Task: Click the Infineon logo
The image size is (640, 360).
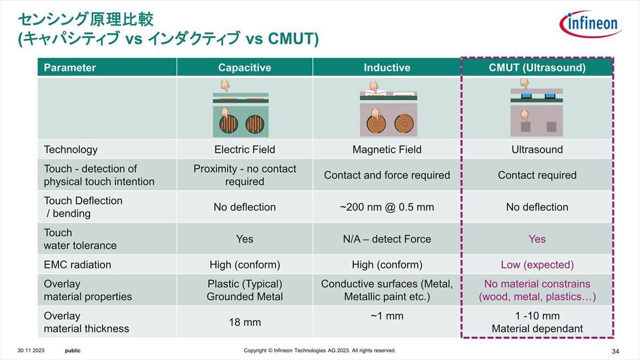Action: coord(591,23)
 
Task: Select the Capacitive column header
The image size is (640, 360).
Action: coord(245,67)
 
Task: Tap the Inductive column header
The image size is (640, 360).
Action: coord(387,67)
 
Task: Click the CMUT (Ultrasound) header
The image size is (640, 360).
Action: coord(537,67)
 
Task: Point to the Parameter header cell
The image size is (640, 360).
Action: coord(70,67)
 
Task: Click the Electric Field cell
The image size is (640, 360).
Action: coord(245,149)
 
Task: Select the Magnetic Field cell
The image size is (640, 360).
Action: coord(387,149)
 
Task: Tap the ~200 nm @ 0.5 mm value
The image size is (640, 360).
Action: coord(387,207)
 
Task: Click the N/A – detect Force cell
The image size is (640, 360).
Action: coord(387,239)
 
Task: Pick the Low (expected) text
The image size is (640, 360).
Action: coord(537,265)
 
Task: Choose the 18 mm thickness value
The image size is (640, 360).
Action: coord(245,322)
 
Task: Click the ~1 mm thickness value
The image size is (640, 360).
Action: coord(387,316)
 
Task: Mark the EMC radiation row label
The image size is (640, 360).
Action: coord(77,265)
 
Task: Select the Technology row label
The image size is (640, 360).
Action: coord(70,150)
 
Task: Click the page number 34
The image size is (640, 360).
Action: coord(615,351)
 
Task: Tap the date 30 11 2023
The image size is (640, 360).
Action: coord(31,350)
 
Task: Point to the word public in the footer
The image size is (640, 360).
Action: coord(73,351)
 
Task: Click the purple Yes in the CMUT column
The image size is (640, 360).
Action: coord(537,239)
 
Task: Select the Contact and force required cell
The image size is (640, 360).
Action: coord(387,175)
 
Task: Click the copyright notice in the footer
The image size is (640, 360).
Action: coord(319,350)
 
